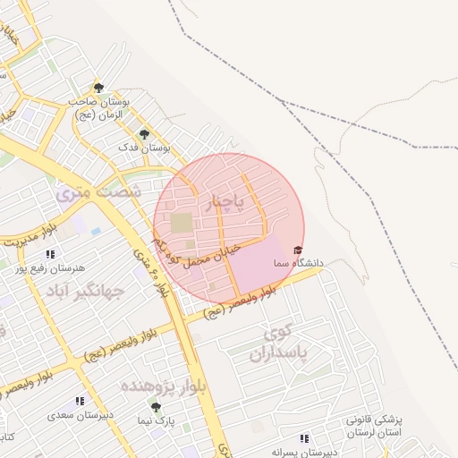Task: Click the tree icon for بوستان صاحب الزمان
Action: pos(98,88)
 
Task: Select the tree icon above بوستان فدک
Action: pos(144,133)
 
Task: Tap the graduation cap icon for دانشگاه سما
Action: pos(298,250)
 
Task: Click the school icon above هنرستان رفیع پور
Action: pos(51,254)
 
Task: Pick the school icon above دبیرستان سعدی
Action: pos(80,402)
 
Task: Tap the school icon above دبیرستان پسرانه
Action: pos(305,438)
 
